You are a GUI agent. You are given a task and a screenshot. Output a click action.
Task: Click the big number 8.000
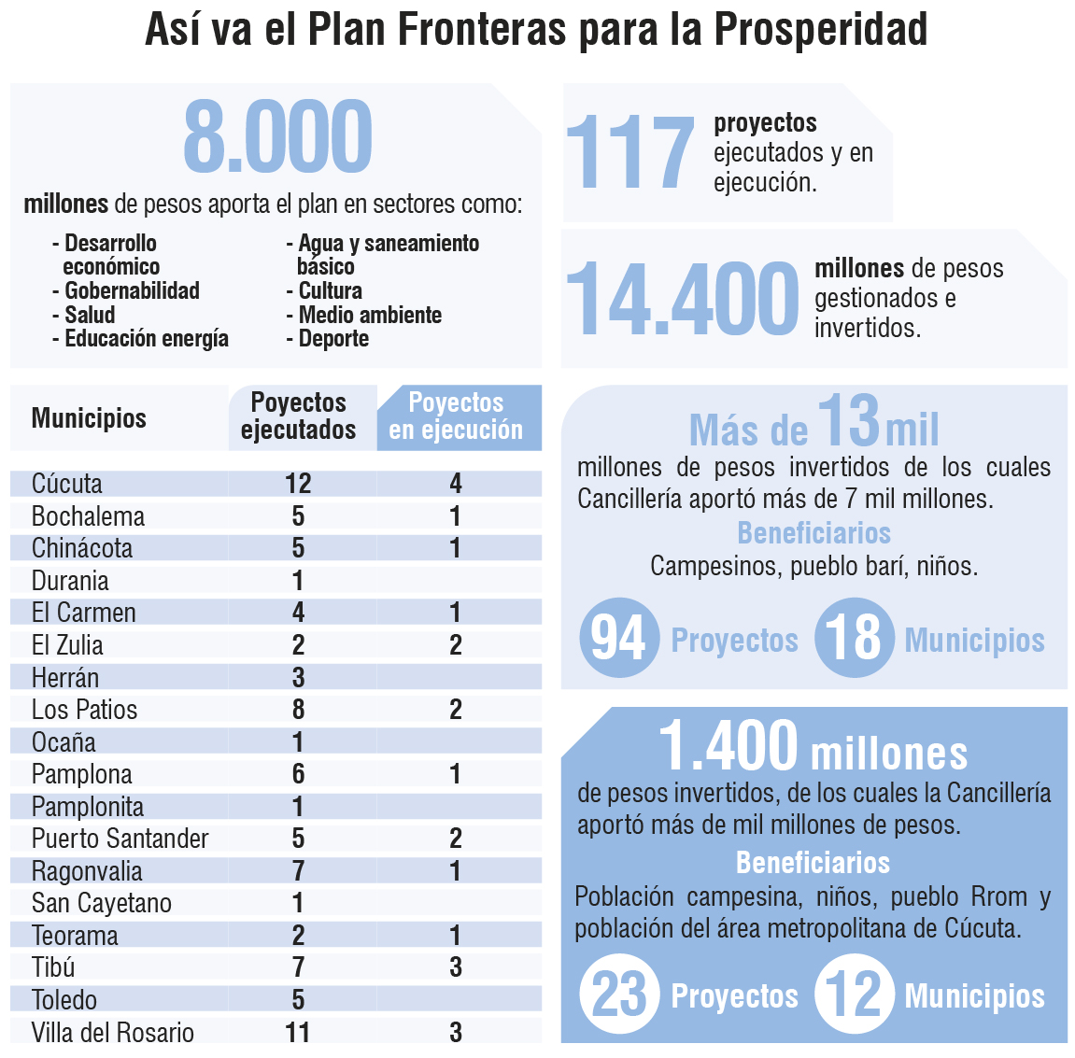point(277,137)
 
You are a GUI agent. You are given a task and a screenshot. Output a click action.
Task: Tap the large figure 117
point(630,153)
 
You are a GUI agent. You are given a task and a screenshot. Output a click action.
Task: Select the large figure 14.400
point(682,298)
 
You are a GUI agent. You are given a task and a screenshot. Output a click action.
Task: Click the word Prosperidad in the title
point(821,29)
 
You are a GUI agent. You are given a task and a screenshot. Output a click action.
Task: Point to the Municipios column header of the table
point(89,417)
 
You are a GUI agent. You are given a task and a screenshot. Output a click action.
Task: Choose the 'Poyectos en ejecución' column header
point(457,416)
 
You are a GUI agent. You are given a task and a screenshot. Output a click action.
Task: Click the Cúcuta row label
point(67,484)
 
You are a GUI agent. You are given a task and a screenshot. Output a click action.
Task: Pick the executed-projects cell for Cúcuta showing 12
point(298,484)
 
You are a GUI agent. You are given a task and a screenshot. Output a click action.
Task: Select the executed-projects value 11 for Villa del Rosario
point(298,1032)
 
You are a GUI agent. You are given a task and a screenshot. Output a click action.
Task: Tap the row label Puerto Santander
point(120,839)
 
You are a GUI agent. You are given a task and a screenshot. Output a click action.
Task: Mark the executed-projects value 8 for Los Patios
point(298,710)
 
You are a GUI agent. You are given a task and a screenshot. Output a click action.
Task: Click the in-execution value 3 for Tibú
point(456,967)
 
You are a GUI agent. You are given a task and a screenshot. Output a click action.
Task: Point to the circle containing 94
point(619,639)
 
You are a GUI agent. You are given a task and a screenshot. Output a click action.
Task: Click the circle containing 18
point(854,639)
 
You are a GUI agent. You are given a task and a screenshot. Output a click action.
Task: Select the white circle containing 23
point(619,995)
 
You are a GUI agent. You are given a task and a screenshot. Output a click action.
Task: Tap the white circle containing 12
point(854,995)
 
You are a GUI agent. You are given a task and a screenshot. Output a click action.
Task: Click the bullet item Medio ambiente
point(369,315)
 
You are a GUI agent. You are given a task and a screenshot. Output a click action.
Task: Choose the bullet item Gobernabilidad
point(131,290)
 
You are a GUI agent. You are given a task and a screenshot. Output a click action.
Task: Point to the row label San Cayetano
point(101,903)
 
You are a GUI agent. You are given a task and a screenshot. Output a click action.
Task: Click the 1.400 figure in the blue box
point(728,746)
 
